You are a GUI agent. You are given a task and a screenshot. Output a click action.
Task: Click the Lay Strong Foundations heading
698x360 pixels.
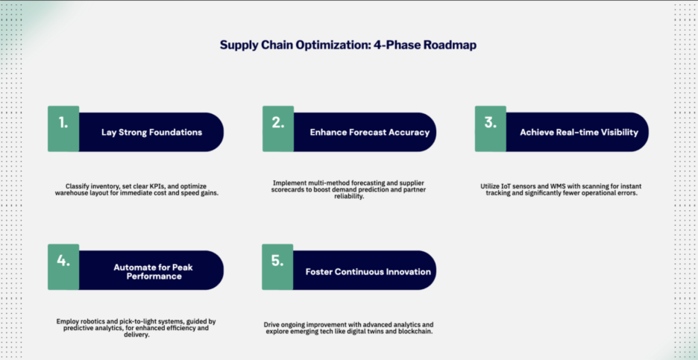[x=151, y=133]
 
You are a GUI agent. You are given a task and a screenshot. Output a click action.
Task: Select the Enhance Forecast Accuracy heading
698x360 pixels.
[x=370, y=133]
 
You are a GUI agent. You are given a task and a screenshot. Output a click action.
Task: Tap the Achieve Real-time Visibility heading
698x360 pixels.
[x=579, y=133]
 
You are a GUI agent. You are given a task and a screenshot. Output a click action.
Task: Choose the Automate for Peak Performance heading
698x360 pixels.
[x=151, y=271]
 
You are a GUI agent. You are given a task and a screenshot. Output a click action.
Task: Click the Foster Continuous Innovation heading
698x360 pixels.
[x=368, y=271]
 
